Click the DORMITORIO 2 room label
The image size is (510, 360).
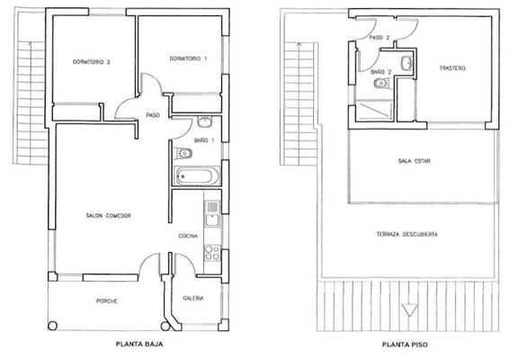pyautogui.click(x=91, y=62)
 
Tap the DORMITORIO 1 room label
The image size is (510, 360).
pyautogui.click(x=188, y=58)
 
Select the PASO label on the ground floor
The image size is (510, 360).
pyautogui.click(x=153, y=115)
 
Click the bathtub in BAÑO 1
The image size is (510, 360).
pyautogui.click(x=195, y=176)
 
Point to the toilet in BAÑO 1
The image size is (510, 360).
pyautogui.click(x=183, y=153)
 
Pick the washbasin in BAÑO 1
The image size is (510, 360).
pyautogui.click(x=204, y=121)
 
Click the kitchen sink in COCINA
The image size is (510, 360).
pyautogui.click(x=212, y=213)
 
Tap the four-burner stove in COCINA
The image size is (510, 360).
pyautogui.click(x=212, y=253)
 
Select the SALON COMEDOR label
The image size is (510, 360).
pyautogui.click(x=108, y=215)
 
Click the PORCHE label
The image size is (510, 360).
pyautogui.click(x=107, y=301)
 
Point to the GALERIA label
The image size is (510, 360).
pyautogui.click(x=193, y=298)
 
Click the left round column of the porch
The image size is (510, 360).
pyautogui.click(x=52, y=326)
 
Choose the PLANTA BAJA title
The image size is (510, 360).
pyautogui.click(x=139, y=344)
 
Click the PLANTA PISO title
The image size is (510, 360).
pyautogui.click(x=405, y=345)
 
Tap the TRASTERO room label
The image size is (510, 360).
pyautogui.click(x=452, y=68)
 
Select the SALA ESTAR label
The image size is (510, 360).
pyautogui.click(x=414, y=161)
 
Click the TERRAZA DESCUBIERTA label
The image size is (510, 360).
pyautogui.click(x=407, y=234)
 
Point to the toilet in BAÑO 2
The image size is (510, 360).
pyautogui.click(x=381, y=84)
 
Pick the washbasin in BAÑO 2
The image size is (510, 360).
pyautogui.click(x=407, y=63)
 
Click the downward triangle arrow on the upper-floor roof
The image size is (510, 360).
pyautogui.click(x=409, y=310)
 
